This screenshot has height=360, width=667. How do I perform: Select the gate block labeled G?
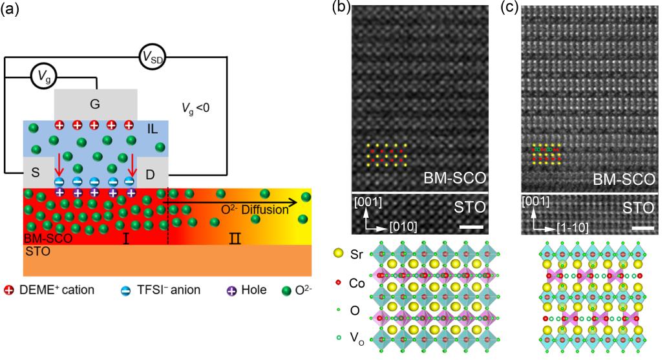(95, 103)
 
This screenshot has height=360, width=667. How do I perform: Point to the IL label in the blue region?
(153, 129)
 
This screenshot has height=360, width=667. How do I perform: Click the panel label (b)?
(341, 9)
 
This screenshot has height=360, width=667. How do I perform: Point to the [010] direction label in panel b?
(403, 227)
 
